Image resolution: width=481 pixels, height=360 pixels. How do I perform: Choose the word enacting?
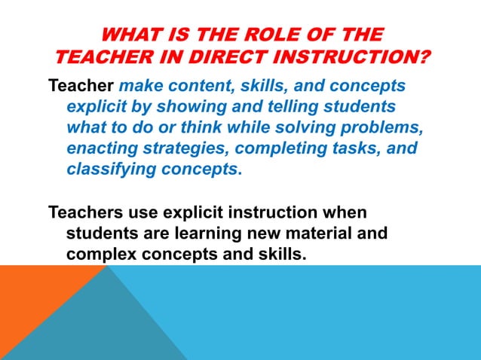[102, 148]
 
